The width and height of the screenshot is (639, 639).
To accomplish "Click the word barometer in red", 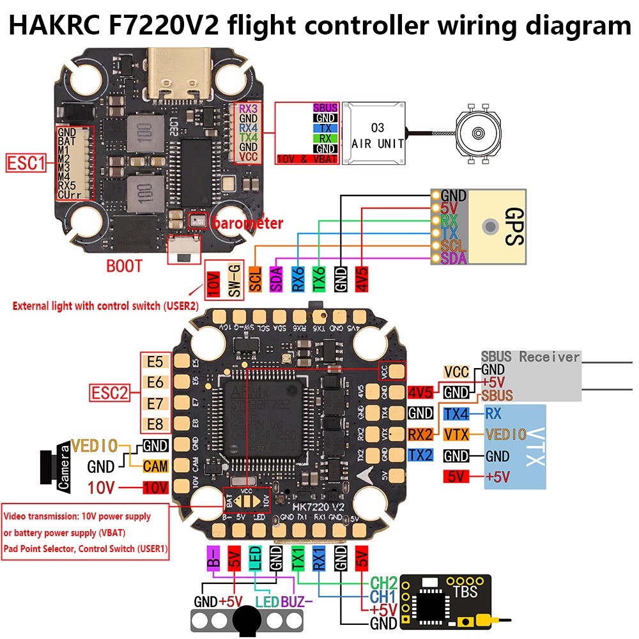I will [247, 223].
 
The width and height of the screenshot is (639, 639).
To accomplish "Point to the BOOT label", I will [126, 265].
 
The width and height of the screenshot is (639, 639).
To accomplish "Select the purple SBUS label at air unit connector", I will [325, 108].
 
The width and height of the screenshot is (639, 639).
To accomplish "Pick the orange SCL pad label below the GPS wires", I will [255, 279].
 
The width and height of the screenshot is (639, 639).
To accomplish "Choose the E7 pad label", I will [155, 403].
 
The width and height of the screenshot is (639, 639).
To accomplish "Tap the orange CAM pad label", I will [155, 466].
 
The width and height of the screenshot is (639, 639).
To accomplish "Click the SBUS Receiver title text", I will [530, 357].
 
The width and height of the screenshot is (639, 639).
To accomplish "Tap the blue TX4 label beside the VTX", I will [456, 413].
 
